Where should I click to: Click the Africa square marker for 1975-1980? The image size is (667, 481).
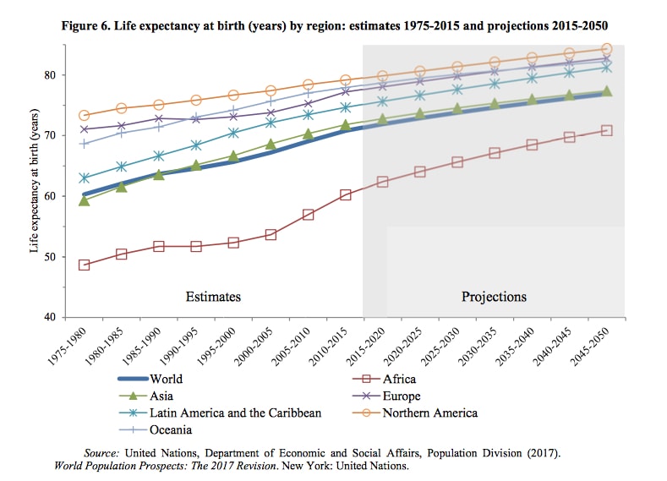point(85,265)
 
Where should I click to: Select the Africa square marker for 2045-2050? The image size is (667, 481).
point(607,130)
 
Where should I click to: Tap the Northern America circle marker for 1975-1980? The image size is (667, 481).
point(85,115)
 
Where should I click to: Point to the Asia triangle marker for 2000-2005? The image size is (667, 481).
point(271,145)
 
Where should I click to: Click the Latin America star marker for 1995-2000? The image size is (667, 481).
point(233,133)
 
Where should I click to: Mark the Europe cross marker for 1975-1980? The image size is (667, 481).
point(85,128)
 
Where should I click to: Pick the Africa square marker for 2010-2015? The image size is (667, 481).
point(346,194)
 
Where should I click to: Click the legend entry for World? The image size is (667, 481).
point(150,379)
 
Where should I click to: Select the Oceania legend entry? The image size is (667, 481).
point(155,430)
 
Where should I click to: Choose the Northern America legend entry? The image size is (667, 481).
point(415,413)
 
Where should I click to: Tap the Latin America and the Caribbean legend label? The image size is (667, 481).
point(235,413)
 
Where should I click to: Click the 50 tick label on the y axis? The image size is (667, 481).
point(50,257)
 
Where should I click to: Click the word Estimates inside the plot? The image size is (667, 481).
point(213,297)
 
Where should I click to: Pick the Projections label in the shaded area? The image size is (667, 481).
point(494,297)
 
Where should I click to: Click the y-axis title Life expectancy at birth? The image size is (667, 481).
point(35,181)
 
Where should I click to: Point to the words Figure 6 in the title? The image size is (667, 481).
point(86,26)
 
